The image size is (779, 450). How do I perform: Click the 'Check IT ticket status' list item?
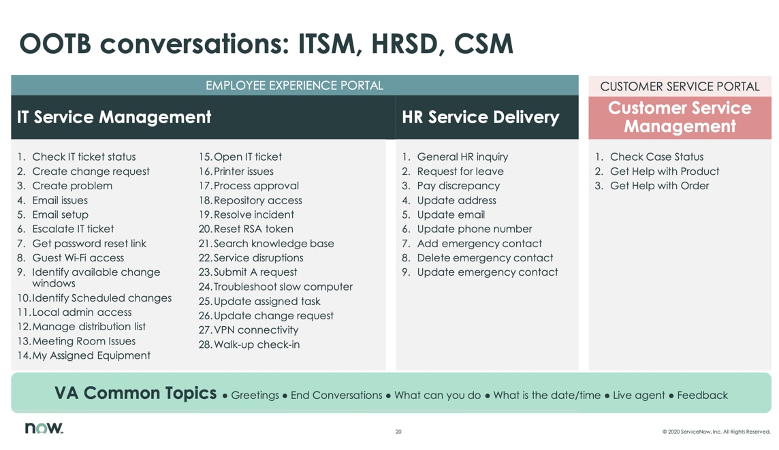pos(83,157)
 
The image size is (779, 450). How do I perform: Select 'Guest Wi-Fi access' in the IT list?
pos(78,258)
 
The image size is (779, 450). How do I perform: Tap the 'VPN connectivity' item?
pos(255,330)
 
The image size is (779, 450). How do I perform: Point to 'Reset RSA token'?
pos(253,229)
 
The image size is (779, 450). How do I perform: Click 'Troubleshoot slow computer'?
pos(283,287)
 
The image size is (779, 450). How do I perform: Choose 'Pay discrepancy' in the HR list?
pos(458,186)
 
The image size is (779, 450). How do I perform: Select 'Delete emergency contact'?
pos(484,258)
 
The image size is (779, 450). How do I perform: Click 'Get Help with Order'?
pos(658,186)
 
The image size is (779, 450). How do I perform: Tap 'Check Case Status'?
pos(656,157)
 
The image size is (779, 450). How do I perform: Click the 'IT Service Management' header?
pos(114,117)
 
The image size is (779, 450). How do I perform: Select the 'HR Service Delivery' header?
pos(481,117)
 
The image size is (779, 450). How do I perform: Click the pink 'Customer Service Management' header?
pos(680,117)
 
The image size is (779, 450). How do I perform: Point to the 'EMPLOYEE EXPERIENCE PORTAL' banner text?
pos(294,86)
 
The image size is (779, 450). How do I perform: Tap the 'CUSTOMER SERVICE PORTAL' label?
pos(680,86)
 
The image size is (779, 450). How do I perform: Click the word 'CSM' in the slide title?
pos(483,44)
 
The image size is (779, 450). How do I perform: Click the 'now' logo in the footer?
pos(44,428)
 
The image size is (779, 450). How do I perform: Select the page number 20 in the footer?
pos(398,432)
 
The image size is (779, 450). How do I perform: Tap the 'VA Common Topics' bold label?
pos(136,393)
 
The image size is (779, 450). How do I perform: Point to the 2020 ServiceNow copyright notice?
pos(716,432)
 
